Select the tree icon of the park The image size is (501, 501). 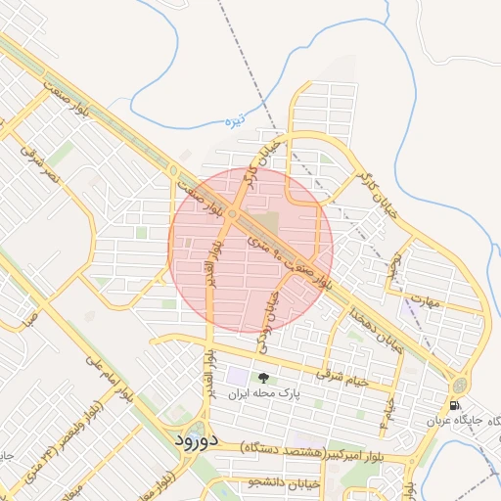point(261,378)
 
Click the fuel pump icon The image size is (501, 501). point(454,405)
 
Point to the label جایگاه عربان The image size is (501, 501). point(460,421)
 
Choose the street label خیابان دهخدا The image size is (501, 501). point(378,328)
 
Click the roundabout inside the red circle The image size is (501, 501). point(232,214)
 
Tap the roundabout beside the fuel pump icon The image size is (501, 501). point(459,384)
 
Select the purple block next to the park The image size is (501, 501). point(238,377)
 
